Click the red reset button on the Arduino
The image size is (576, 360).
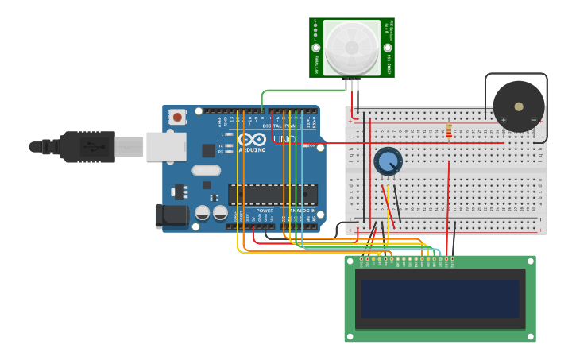coord(177,117)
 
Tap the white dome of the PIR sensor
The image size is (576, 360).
coord(352,47)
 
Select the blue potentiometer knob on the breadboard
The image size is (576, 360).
coord(388,161)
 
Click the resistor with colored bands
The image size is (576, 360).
coord(449,130)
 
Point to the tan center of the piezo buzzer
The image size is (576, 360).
coord(519,106)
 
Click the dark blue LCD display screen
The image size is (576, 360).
coord(440,298)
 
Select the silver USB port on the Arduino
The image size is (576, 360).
coord(166,146)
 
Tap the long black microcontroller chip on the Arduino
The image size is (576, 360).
coord(273,195)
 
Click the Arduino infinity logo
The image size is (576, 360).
coord(252,139)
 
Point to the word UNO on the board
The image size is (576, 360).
coord(285,140)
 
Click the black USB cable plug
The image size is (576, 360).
coord(87,147)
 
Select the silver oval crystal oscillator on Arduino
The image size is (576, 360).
coord(206,169)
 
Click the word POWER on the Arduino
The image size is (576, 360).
coord(265,211)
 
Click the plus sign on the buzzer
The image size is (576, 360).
coord(503,120)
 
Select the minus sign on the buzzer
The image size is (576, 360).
coord(534,120)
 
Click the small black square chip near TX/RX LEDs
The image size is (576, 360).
coord(208,149)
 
